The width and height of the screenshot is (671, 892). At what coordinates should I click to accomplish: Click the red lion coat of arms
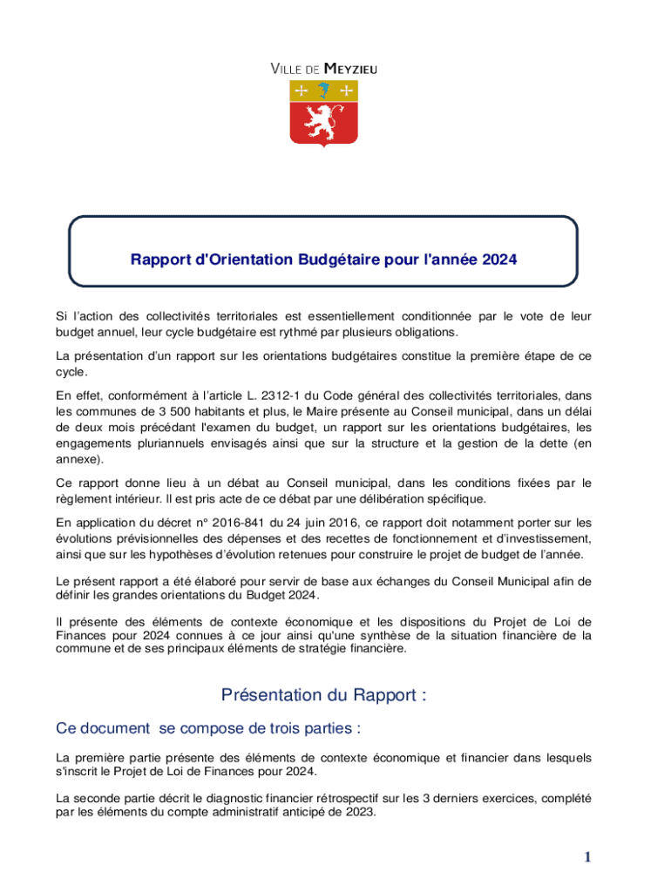323,112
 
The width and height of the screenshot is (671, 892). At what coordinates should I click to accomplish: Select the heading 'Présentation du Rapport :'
323,695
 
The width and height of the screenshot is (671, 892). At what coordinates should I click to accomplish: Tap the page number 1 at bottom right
588,858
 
